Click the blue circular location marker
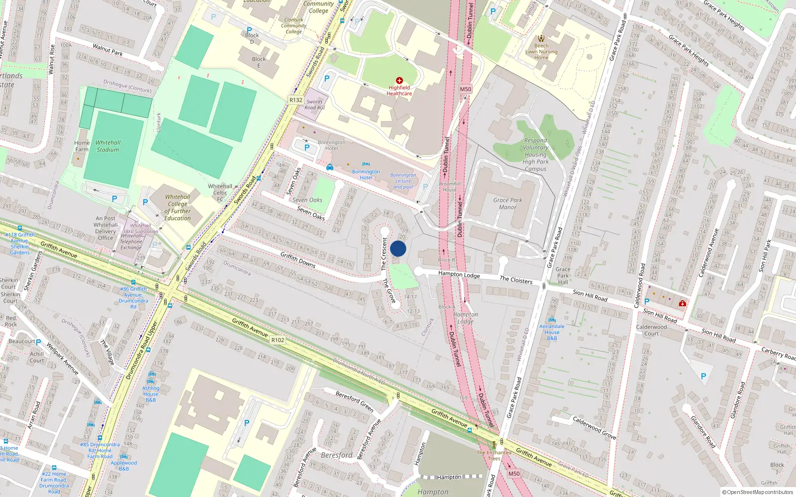tap(398, 249)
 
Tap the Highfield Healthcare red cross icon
tap(399, 80)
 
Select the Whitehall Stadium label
tap(108, 146)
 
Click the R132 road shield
tap(296, 100)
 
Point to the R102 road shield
tap(278, 340)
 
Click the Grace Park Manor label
tap(507, 204)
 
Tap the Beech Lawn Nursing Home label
tap(541, 52)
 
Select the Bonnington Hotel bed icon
tap(366, 164)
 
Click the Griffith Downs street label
tap(298, 259)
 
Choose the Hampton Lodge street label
tap(459, 274)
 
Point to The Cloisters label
tap(516, 280)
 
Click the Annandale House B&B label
tap(552, 332)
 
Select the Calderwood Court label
tap(651, 330)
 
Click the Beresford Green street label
tap(354, 401)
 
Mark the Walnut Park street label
tap(107, 49)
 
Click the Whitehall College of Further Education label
tap(178, 207)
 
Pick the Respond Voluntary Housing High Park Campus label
tap(535, 155)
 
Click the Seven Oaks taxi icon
tap(330, 167)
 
